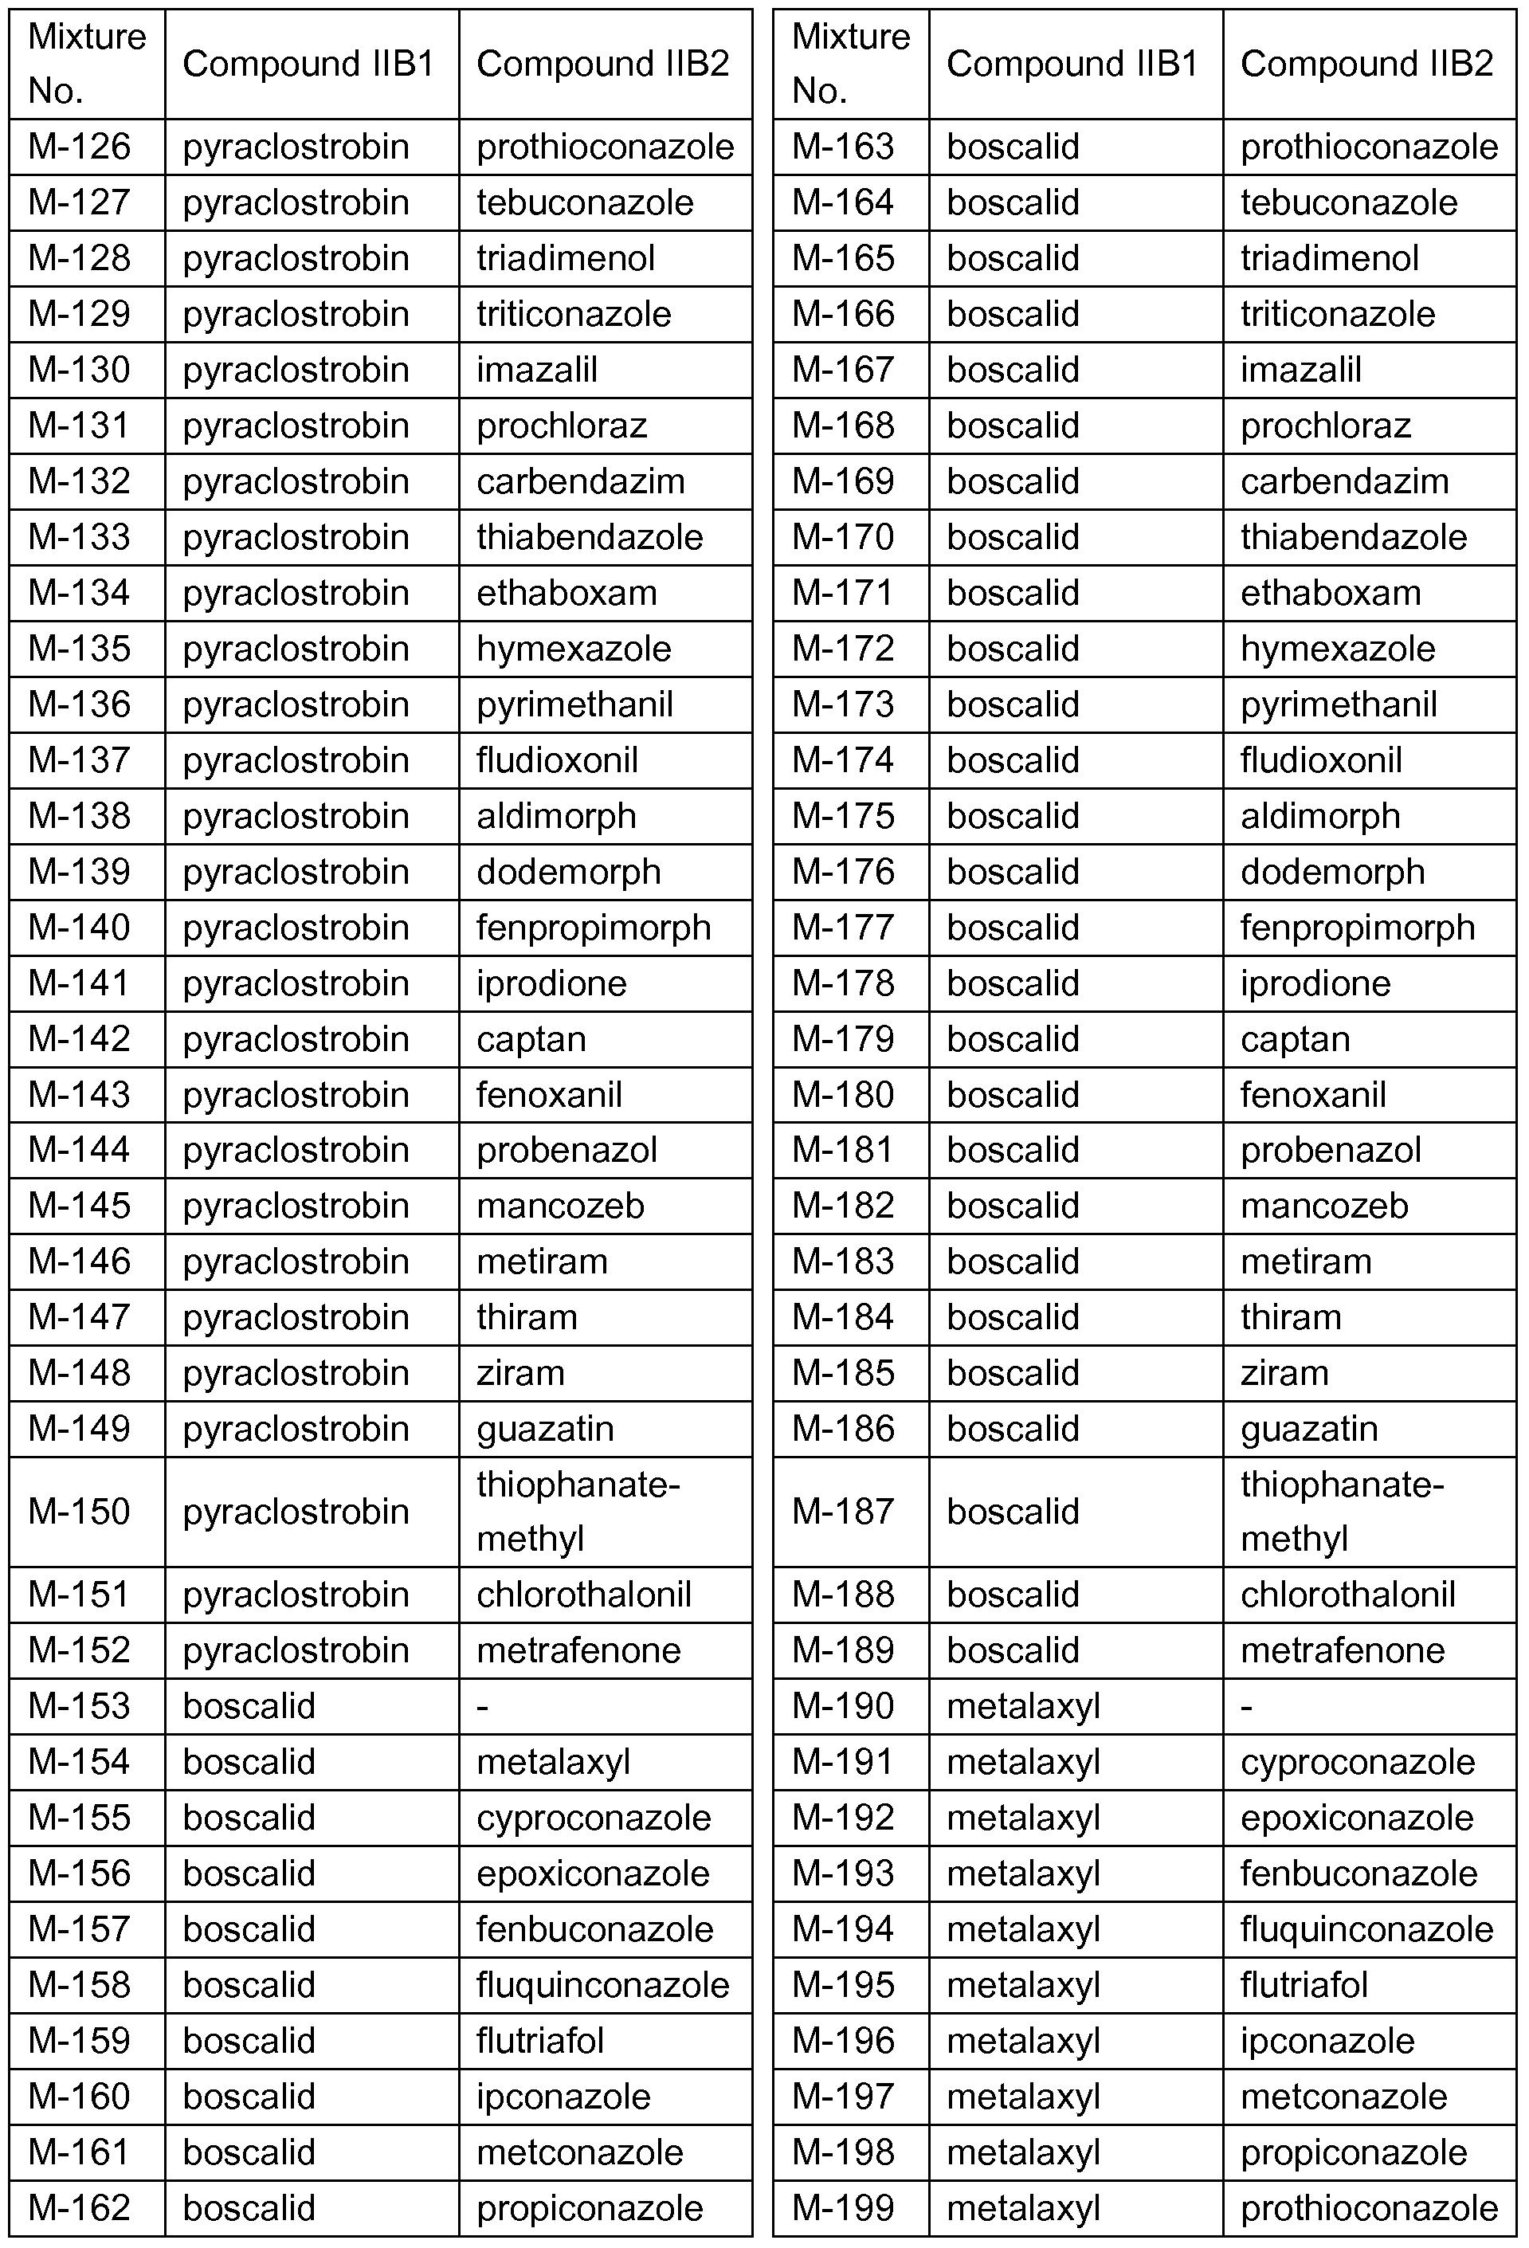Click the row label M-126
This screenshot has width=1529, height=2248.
click(x=80, y=147)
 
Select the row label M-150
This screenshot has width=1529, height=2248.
click(x=80, y=1512)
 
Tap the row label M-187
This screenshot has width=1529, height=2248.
click(x=843, y=1512)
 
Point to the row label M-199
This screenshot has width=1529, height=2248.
click(x=843, y=2208)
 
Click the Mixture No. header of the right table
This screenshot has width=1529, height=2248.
click(x=850, y=64)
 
